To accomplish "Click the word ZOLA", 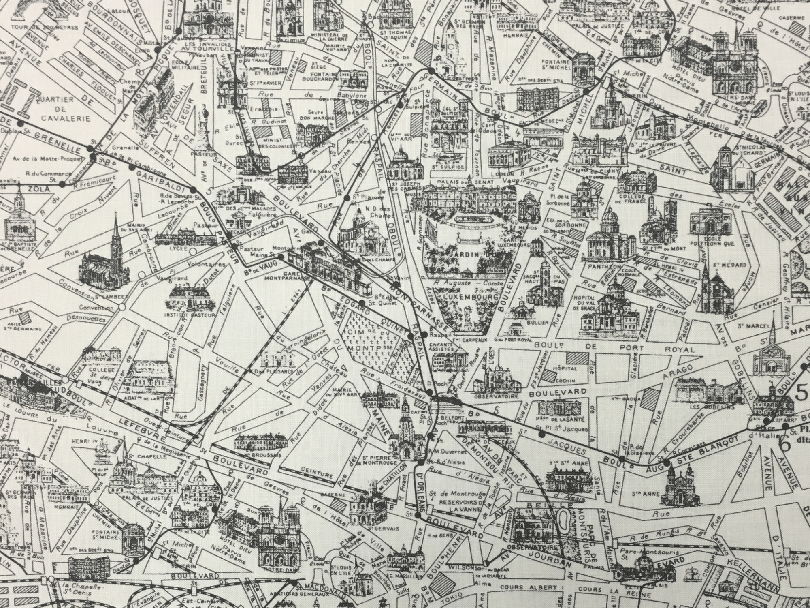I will pos(36,189).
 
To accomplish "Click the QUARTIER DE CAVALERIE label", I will pos(60,109).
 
